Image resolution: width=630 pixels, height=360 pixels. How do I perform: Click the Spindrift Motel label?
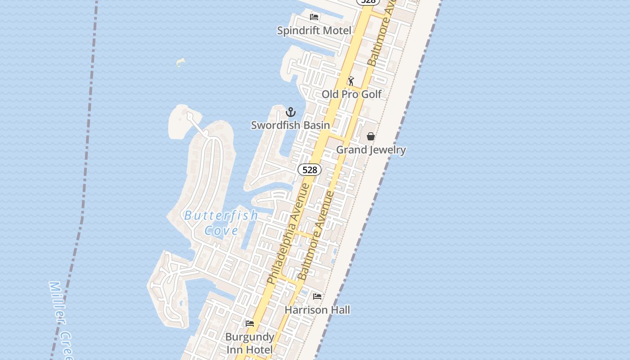[x=314, y=31]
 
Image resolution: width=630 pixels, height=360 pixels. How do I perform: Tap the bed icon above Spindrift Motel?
[x=314, y=17]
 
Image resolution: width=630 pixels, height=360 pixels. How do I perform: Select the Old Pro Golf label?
[x=351, y=94]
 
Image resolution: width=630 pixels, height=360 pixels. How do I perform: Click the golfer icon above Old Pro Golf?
[x=351, y=81]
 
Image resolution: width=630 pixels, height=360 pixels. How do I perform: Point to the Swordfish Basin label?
[x=290, y=125]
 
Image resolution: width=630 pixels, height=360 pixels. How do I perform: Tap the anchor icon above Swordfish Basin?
[x=291, y=112]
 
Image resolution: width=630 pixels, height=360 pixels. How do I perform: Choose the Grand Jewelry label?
[x=371, y=150]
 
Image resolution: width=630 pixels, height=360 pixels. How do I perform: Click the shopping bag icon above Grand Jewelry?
[x=370, y=136]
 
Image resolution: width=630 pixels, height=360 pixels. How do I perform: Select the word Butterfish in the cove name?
[x=221, y=216]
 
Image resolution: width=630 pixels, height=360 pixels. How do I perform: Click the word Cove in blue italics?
[x=221, y=231]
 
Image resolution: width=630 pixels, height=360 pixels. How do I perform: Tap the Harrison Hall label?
[x=317, y=310]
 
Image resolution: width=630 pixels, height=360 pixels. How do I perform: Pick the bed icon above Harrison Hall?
[x=317, y=296]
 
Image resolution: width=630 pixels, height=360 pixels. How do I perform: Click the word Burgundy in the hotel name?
[x=250, y=337]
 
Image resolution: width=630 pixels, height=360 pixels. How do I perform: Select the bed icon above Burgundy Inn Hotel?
[x=250, y=324]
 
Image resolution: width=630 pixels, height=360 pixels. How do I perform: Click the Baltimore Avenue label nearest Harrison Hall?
[x=316, y=236]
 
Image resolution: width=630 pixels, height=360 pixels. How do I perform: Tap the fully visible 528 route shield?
[x=310, y=170]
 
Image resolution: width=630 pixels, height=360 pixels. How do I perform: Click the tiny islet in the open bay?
[x=181, y=62]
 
